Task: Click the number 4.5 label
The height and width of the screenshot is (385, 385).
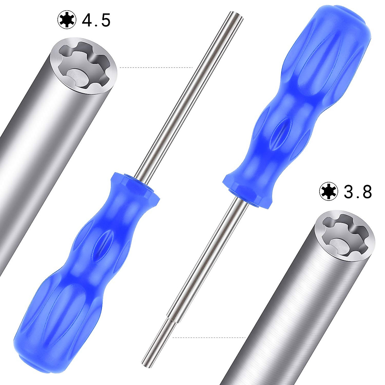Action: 96,20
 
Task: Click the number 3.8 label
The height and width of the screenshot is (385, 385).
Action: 358,192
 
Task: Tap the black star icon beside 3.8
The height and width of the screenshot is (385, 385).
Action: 329,192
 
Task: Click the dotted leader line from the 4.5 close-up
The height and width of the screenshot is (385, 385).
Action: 156,68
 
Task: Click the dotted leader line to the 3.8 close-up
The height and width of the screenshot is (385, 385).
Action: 209,337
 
